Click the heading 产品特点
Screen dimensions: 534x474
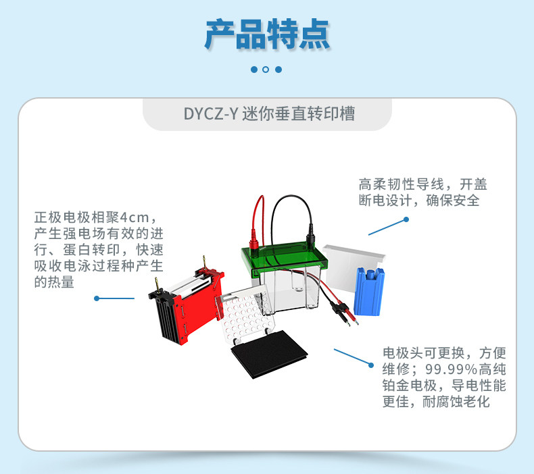point(267,34)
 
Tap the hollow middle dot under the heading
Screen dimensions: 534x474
point(266,70)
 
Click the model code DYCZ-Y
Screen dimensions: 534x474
point(210,113)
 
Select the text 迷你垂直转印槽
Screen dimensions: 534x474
point(298,113)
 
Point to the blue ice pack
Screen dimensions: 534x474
point(369,291)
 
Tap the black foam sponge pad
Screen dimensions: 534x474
point(269,354)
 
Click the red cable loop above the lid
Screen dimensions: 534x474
point(258,221)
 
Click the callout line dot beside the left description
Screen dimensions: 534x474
point(97,298)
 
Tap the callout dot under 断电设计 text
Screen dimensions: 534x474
point(406,219)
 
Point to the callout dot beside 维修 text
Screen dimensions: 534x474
point(371,365)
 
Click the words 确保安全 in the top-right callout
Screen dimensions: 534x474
point(453,201)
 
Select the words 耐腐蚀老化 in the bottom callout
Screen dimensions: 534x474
point(456,402)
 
